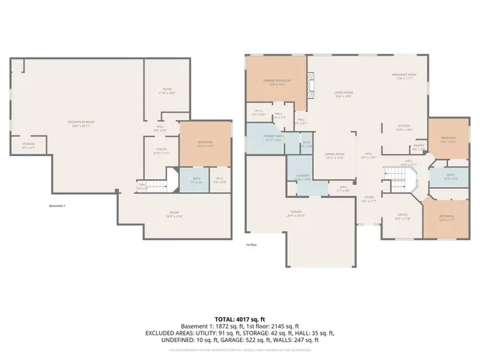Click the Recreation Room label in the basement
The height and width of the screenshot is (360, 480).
(81, 123)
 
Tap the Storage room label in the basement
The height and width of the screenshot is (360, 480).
(28, 145)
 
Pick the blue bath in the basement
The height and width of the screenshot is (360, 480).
(195, 181)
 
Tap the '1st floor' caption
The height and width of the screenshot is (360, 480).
(251, 244)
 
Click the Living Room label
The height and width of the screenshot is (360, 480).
(343, 94)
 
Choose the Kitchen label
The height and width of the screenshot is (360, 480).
(404, 127)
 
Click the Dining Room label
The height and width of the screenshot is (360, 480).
(334, 155)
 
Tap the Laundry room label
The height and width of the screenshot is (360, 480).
(302, 178)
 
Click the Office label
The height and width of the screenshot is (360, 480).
(402, 217)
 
